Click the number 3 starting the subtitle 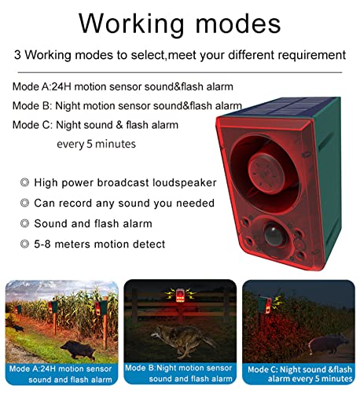click(17, 56)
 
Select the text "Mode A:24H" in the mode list click(45, 86)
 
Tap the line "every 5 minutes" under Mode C click(96, 144)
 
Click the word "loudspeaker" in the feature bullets click(186, 182)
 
